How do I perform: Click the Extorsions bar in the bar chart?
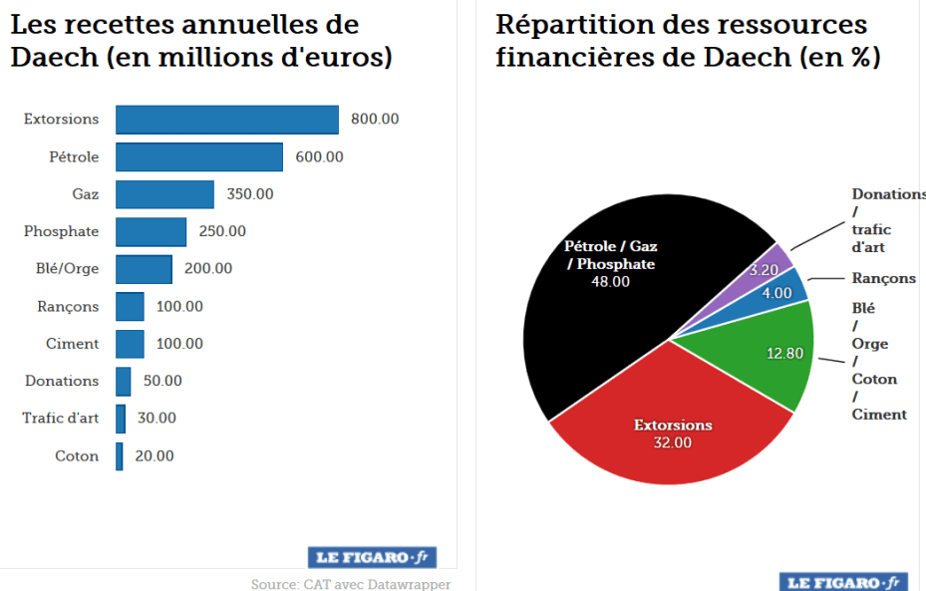(x=227, y=119)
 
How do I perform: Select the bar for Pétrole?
(x=199, y=156)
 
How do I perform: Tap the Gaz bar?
(x=164, y=194)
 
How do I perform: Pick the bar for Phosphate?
(x=151, y=231)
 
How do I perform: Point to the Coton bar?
(x=120, y=456)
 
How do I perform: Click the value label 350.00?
(x=250, y=194)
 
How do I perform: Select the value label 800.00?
(x=375, y=119)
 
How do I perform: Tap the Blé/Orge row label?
(x=62, y=269)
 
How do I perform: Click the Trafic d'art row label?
(x=61, y=419)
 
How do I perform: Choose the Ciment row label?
(x=73, y=344)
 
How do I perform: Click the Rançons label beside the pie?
(x=884, y=278)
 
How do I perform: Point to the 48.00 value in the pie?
(x=611, y=282)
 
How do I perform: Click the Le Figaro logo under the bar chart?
(x=372, y=557)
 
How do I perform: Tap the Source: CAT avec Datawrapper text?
(x=351, y=584)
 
